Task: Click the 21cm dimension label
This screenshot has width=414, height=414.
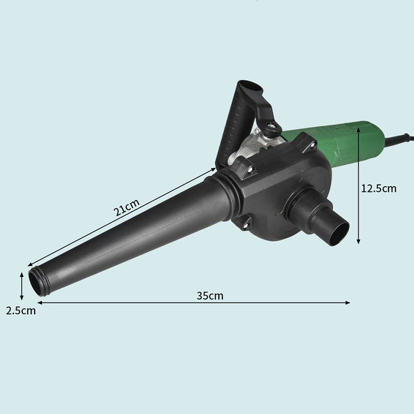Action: [x=126, y=208]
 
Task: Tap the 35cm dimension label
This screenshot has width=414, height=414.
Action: [x=210, y=295]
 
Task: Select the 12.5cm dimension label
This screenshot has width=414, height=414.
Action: [x=379, y=188]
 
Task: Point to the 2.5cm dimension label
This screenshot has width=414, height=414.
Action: [x=21, y=310]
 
